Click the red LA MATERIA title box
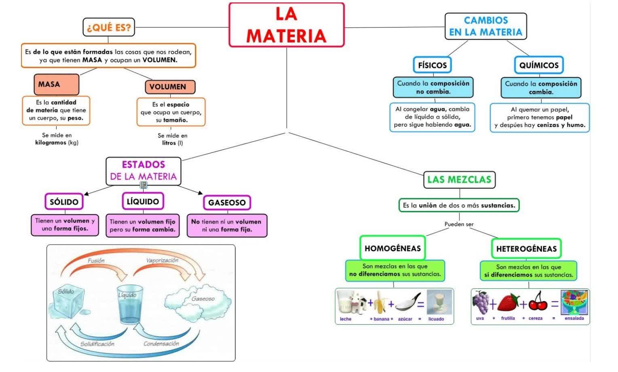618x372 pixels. coord(286,25)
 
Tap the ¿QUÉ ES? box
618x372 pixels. coord(109,27)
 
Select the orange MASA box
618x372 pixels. coord(56,85)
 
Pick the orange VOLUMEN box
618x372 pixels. coord(169,87)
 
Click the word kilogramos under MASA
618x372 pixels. coord(51,143)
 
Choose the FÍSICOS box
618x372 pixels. coord(432,65)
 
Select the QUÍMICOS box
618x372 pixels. coord(539,65)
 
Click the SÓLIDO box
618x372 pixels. coord(64,202)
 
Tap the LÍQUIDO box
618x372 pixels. coord(143,201)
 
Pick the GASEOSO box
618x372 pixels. coord(227,203)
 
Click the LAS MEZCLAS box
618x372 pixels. coord(459,180)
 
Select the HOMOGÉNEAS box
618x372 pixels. coord(393,248)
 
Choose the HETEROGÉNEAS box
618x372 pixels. coord(526,249)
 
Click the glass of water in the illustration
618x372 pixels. coord(130,305)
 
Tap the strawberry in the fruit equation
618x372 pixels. coord(508,303)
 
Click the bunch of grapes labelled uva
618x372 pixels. coord(480,302)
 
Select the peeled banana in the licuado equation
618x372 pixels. coord(380,302)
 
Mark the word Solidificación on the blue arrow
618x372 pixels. coord(97,344)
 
